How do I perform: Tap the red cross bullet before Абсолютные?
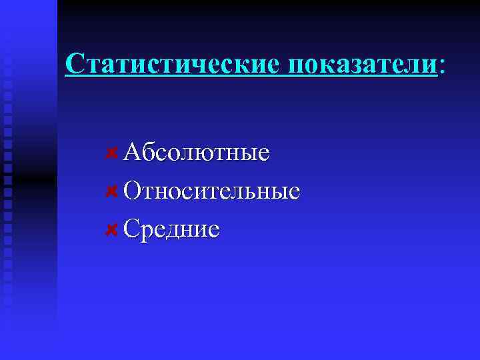tap(113, 153)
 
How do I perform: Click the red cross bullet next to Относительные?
tap(113, 191)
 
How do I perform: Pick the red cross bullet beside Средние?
tap(113, 229)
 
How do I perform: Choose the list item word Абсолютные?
tap(197, 153)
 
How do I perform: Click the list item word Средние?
tap(171, 229)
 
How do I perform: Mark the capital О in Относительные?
tap(133, 191)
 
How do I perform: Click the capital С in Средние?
tap(132, 229)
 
